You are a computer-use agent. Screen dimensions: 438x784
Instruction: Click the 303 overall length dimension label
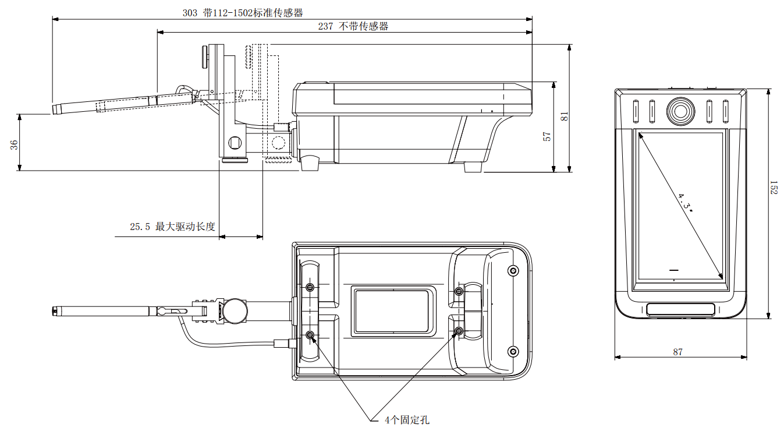click(242, 12)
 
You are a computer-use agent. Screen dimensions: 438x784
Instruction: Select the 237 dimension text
click(353, 26)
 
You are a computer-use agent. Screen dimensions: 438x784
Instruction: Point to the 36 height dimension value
click(15, 144)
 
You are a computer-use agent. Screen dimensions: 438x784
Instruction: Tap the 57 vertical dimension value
click(547, 136)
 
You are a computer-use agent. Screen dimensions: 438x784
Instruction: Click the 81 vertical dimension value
click(564, 116)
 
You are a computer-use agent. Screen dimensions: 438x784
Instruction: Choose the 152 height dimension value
click(774, 187)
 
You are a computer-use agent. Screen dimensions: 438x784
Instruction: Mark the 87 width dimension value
click(677, 352)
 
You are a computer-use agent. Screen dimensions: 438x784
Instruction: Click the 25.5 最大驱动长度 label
click(172, 227)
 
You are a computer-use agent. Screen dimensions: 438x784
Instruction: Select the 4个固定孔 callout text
click(407, 420)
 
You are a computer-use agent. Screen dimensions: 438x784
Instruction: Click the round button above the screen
click(680, 110)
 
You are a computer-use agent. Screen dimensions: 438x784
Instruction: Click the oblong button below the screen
click(680, 309)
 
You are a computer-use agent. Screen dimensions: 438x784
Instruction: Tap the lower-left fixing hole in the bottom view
click(310, 335)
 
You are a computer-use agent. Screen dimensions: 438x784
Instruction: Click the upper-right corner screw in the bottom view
click(513, 270)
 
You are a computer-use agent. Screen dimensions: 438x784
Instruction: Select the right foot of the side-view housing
click(473, 167)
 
